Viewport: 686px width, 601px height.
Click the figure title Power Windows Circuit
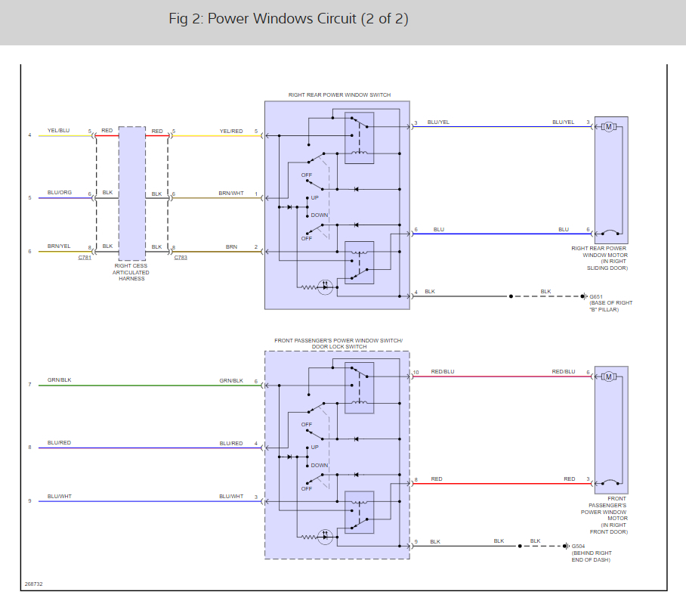[288, 19]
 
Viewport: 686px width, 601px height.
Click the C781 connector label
[84, 258]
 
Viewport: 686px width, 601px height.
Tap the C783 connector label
[181, 258]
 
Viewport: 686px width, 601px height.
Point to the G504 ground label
[578, 546]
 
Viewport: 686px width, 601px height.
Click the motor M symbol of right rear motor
[607, 126]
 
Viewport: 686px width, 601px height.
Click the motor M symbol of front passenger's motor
[607, 376]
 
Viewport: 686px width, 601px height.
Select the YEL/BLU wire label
[58, 131]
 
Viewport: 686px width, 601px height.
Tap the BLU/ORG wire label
[58, 194]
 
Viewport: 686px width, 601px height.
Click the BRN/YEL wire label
[58, 246]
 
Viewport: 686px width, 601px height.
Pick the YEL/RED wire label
[230, 131]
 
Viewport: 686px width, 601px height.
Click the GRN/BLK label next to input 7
[58, 380]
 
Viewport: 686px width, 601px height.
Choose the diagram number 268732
[33, 584]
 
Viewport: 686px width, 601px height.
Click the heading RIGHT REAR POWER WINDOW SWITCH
[339, 95]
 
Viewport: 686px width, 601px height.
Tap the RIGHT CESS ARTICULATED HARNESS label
[131, 272]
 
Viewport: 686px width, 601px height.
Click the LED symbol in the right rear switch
[325, 287]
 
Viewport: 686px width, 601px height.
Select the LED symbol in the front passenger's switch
[325, 537]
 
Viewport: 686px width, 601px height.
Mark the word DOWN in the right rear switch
[320, 215]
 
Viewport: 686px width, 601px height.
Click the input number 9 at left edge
[30, 500]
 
